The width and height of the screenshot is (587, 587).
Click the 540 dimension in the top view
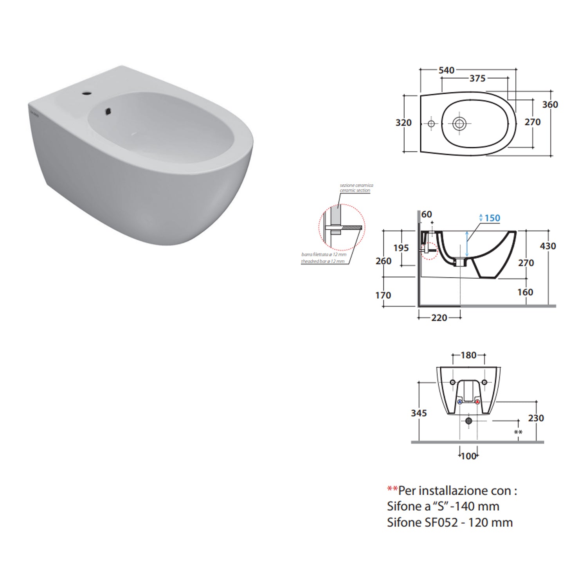pyautogui.click(x=446, y=70)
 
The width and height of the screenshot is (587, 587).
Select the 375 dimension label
pyautogui.click(x=477, y=79)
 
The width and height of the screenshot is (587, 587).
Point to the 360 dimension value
pyautogui.click(x=550, y=105)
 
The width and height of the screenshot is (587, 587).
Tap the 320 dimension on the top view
pyautogui.click(x=403, y=123)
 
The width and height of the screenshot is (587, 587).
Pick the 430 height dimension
pyautogui.click(x=547, y=246)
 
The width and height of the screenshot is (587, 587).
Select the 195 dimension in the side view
pyautogui.click(x=401, y=248)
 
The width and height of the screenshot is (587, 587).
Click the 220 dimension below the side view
pyautogui.click(x=439, y=318)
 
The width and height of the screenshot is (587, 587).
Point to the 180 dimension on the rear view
pyautogui.click(x=468, y=355)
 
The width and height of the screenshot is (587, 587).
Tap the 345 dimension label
pyautogui.click(x=419, y=413)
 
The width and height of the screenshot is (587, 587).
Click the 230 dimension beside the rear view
pyautogui.click(x=536, y=418)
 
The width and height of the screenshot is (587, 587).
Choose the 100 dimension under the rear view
pyautogui.click(x=468, y=456)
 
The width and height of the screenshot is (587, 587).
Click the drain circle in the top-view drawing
pyautogui.click(x=459, y=124)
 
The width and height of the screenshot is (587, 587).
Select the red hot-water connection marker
pyautogui.click(x=477, y=402)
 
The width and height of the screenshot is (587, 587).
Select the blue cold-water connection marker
pyautogui.click(x=459, y=402)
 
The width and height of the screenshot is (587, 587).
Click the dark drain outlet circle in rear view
pyautogui.click(x=468, y=421)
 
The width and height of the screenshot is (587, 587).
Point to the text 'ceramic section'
pyautogui.click(x=355, y=191)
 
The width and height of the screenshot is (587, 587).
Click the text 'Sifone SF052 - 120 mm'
pyautogui.click(x=450, y=522)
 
